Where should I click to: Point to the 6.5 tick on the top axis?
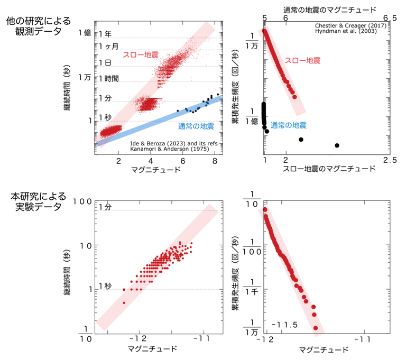point(390,19)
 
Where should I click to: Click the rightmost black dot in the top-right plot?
point(337,145)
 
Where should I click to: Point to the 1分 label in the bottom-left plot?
point(105,206)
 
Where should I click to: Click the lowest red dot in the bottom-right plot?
point(316,328)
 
